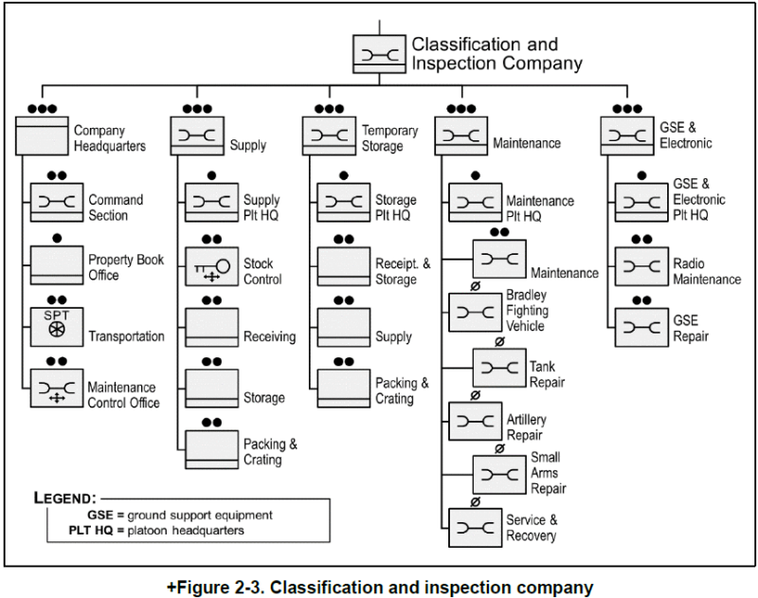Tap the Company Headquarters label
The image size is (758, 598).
coord(109,138)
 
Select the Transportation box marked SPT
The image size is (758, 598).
coord(57,324)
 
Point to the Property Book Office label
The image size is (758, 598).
coord(117,267)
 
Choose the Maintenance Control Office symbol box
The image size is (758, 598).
coord(57,388)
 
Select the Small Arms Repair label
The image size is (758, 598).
coord(548,473)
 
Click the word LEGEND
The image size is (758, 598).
coord(64,498)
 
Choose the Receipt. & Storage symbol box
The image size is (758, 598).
coord(343,267)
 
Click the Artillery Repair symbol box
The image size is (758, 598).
coord(475,421)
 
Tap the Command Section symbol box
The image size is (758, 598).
coord(57,202)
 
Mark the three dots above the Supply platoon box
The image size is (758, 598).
coord(196,109)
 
